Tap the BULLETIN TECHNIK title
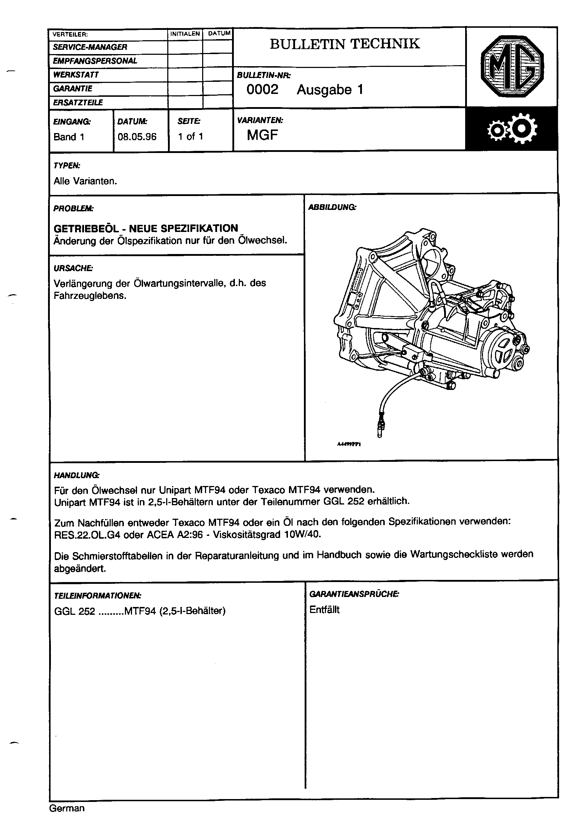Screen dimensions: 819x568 (x=345, y=44)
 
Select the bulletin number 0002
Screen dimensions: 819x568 (x=262, y=90)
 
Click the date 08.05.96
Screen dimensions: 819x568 (x=137, y=137)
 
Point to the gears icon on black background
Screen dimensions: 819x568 (x=512, y=129)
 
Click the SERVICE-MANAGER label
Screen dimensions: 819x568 (x=90, y=47)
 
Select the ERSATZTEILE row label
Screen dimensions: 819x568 (x=78, y=103)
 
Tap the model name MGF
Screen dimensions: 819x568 (x=262, y=135)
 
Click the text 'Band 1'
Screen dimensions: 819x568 (x=69, y=137)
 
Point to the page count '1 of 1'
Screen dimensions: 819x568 (x=191, y=137)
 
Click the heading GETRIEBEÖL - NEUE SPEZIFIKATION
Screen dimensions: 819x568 (x=146, y=228)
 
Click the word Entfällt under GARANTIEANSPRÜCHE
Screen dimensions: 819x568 (x=325, y=610)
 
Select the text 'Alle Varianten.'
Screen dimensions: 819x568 (x=85, y=181)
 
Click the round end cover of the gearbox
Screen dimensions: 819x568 (x=502, y=351)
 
